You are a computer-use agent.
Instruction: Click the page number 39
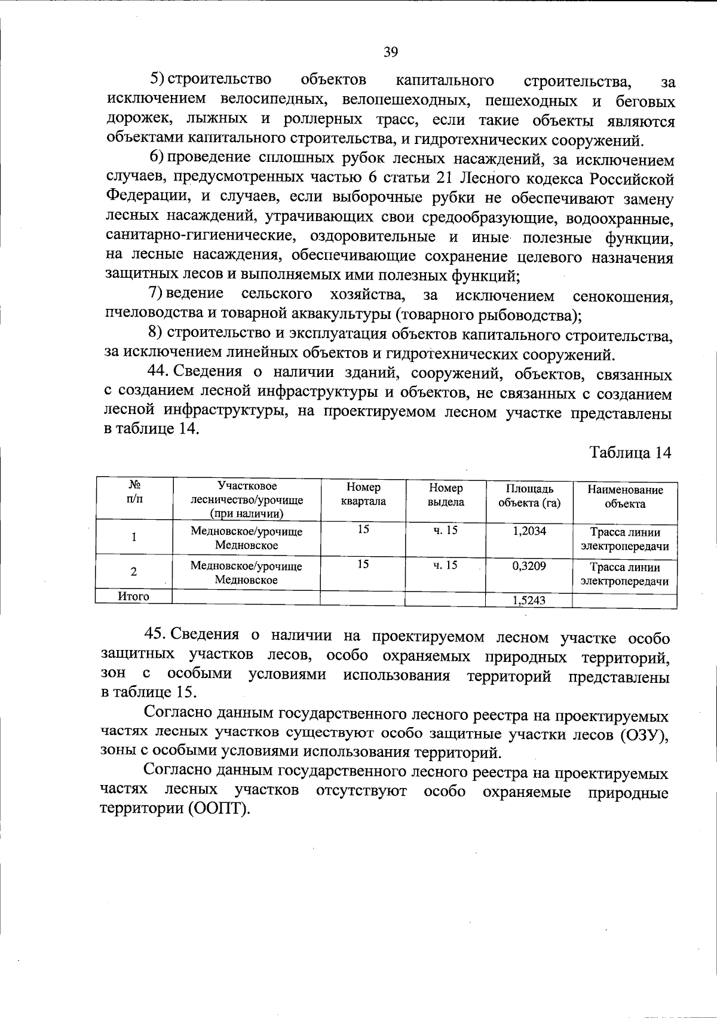[x=391, y=52]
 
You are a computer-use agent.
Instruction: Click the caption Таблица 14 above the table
[x=631, y=452]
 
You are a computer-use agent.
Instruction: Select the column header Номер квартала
[x=363, y=495]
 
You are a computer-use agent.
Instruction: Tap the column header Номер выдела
[x=446, y=495]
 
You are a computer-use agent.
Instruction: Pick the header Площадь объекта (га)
[x=529, y=496]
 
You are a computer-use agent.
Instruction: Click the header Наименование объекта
[x=625, y=496]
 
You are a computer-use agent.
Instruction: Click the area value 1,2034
[x=529, y=531]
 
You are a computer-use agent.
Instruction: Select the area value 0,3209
[x=529, y=565]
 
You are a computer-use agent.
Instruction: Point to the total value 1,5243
[x=529, y=600]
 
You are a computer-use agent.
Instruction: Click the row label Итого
[x=134, y=596]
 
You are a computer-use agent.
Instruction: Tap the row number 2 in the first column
[x=134, y=572]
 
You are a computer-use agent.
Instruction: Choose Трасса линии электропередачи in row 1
[x=625, y=539]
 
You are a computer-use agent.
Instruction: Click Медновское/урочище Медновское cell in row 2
[x=246, y=572]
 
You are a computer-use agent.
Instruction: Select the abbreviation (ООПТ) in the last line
[x=219, y=810]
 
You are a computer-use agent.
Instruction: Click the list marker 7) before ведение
[x=155, y=294]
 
